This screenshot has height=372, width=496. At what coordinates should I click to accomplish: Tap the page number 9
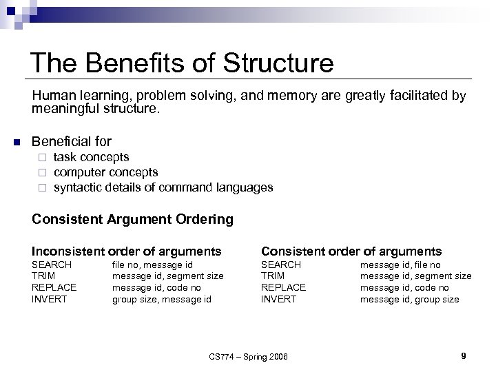click(464, 355)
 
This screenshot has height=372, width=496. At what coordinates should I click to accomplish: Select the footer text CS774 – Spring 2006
click(249, 356)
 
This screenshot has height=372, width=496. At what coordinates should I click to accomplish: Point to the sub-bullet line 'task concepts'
click(91, 157)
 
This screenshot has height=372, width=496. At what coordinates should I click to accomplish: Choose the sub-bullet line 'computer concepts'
click(105, 172)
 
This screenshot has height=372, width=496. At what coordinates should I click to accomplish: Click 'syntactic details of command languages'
click(163, 187)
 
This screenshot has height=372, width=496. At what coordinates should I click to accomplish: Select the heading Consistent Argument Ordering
click(133, 220)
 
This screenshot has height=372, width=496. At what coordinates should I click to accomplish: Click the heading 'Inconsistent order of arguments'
click(127, 251)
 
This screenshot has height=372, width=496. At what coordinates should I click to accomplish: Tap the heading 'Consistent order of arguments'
click(351, 251)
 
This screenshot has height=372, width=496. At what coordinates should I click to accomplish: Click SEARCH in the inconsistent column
click(52, 265)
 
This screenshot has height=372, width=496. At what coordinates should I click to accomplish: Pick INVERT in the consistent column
click(278, 299)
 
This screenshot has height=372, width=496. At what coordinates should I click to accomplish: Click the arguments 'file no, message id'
click(152, 265)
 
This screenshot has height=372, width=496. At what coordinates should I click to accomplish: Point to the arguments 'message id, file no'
click(401, 265)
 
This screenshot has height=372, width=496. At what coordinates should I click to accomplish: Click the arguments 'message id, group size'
click(409, 299)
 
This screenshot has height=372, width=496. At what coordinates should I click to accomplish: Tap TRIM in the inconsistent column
click(44, 276)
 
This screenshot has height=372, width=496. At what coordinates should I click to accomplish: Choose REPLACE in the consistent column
click(283, 287)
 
